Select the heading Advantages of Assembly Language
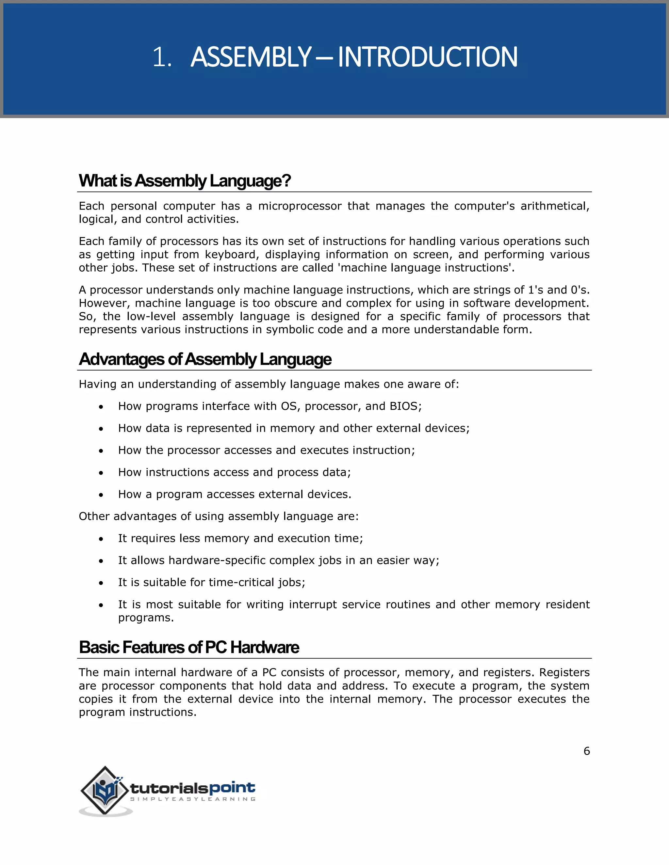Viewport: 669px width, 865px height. tap(205, 359)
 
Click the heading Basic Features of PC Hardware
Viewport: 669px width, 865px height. tap(189, 647)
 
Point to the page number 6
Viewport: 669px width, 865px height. tap(587, 751)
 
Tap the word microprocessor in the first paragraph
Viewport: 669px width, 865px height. tap(300, 206)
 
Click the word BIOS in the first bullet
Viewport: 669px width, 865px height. tap(403, 406)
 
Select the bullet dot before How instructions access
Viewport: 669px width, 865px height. tap(102, 473)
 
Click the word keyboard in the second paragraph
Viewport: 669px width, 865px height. tap(230, 254)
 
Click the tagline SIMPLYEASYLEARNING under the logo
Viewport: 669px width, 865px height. tap(193, 799)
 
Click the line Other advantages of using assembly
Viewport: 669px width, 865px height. tap(219, 516)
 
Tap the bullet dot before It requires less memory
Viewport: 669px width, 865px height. tap(102, 539)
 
